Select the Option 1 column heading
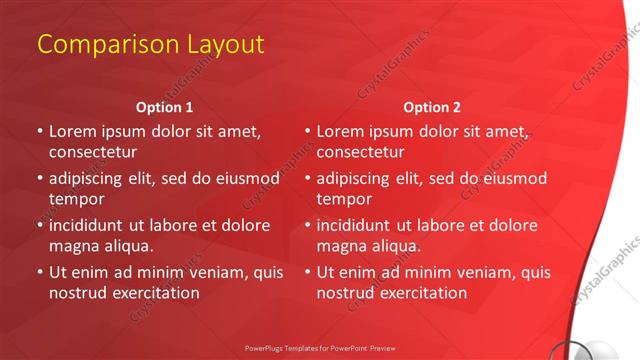pos(164,107)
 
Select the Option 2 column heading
pos(433,107)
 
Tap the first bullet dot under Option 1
pos(40,131)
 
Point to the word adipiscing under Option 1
pos(90,178)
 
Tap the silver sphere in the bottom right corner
pos(624,349)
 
